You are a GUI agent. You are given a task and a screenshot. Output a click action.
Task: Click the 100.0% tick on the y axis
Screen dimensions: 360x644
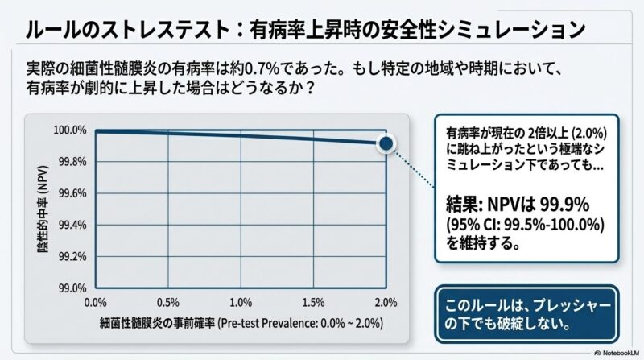(x=69, y=130)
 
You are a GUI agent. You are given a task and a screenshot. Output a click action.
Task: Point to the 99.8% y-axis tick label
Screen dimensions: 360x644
(x=71, y=161)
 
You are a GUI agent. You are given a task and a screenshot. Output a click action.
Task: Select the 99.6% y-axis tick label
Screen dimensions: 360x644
(x=71, y=193)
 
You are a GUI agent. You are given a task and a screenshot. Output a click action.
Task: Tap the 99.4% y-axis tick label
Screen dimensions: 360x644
(x=71, y=225)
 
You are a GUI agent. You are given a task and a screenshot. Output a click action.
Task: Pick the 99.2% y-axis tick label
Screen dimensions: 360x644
(x=71, y=256)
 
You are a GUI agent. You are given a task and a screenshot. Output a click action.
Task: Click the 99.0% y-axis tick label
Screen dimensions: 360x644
(x=71, y=288)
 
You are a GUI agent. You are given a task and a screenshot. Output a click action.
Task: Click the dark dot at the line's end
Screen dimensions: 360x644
(x=386, y=143)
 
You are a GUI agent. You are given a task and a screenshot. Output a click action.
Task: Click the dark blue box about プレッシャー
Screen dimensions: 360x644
(x=527, y=315)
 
